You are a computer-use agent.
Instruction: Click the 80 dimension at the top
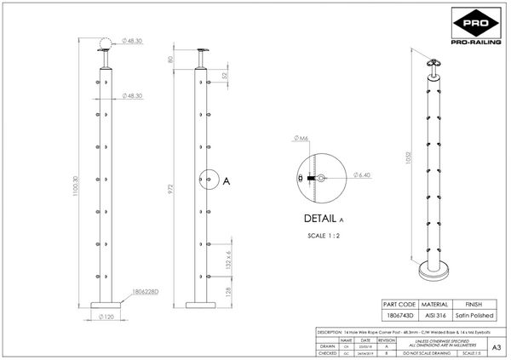pos(170,60)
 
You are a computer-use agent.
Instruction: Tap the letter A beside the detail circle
pos(227,180)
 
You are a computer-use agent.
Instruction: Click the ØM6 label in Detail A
pos(300,139)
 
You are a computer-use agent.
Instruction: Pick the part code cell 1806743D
pos(399,314)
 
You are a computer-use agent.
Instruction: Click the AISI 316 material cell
pos(435,314)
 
